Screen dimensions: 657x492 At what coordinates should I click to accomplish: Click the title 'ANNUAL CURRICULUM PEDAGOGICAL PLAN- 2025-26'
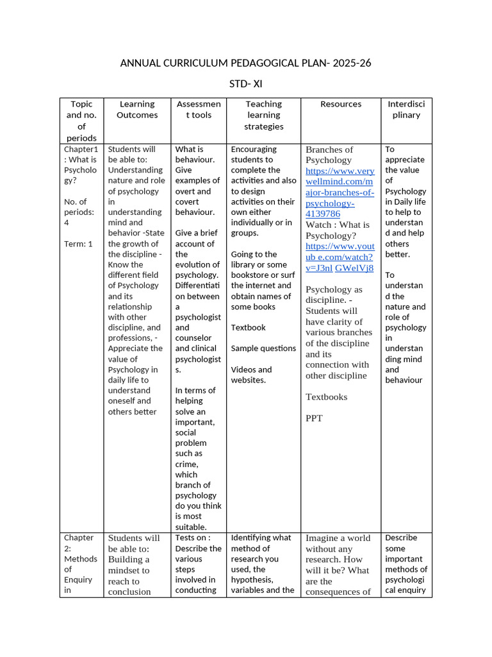click(245, 63)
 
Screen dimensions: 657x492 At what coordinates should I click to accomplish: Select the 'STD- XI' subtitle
click(245, 84)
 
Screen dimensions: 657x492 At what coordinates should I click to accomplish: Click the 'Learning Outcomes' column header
click(137, 110)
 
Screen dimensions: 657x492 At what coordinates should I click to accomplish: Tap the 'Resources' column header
click(340, 104)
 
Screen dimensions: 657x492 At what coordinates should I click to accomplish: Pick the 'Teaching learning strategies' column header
click(263, 115)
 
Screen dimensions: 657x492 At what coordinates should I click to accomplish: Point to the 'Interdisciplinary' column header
click(406, 110)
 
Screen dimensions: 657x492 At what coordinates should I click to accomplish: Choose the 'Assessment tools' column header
click(199, 110)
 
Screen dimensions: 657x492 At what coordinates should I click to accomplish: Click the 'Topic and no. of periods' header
click(81, 121)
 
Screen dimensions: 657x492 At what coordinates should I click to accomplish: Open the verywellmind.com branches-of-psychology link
click(340, 192)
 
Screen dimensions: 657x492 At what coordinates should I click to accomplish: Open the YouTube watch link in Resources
click(340, 257)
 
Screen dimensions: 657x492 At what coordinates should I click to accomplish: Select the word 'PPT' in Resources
click(314, 418)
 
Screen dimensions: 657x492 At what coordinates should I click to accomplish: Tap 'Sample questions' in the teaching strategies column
click(263, 348)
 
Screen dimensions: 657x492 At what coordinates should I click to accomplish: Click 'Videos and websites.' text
click(251, 375)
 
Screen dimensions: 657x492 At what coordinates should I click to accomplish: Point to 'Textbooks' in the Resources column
click(326, 397)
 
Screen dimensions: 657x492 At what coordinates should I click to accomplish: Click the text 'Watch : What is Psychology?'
click(337, 230)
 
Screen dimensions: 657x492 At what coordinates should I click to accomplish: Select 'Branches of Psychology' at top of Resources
click(329, 155)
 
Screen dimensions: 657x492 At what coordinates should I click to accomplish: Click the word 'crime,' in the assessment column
click(187, 464)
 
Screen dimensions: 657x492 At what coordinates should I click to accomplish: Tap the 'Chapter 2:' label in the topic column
click(79, 543)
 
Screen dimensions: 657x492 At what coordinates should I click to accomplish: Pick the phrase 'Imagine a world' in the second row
click(338, 538)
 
